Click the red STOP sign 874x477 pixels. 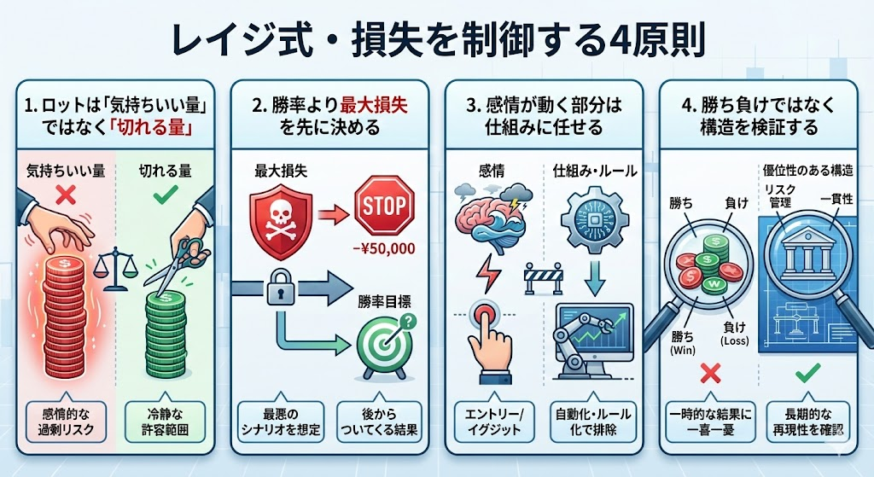[384, 205]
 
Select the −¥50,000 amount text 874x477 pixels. [384, 248]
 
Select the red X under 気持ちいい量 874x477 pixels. [66, 195]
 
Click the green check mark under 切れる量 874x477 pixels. [166, 195]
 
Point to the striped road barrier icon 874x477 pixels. [544, 277]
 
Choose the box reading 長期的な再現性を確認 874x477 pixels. [808, 422]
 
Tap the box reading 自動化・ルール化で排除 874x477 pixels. [592, 422]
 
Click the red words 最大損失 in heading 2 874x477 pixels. [374, 105]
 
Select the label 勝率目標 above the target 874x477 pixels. [385, 301]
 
